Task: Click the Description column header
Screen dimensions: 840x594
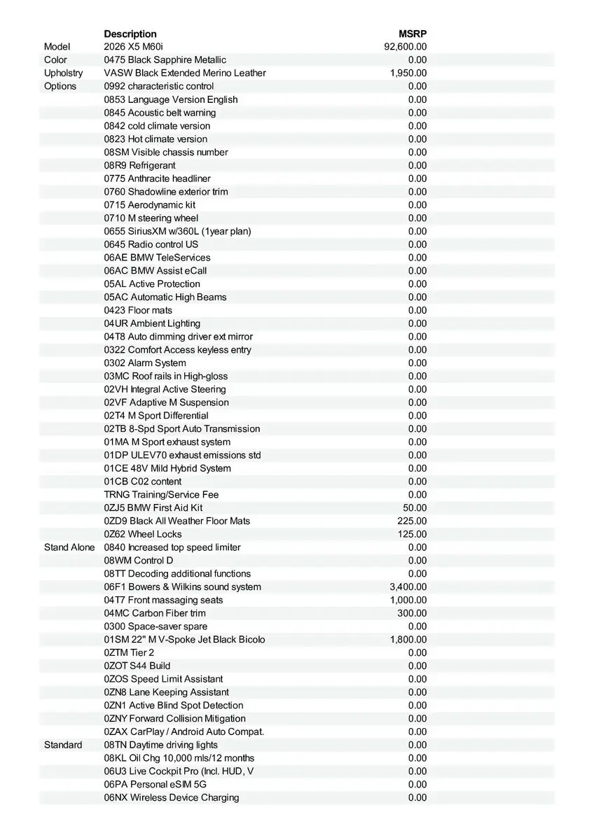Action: tap(130, 34)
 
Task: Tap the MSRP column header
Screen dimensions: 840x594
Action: tap(413, 34)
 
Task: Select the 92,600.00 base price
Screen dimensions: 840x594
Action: tap(406, 47)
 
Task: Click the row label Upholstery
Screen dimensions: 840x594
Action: tap(63, 73)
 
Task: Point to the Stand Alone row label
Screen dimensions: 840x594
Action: tap(69, 547)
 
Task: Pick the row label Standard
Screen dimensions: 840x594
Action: tap(63, 745)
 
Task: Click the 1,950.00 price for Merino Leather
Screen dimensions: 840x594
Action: tap(408, 73)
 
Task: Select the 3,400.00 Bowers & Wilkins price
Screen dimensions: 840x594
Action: tap(408, 587)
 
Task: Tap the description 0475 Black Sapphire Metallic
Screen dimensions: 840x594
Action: tap(165, 60)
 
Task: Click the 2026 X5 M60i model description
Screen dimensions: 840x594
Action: tap(133, 47)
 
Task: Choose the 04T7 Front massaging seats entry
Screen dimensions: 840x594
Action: tap(163, 600)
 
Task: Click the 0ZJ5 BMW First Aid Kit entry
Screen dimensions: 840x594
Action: tap(153, 507)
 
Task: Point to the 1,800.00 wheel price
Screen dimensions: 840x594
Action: tap(408, 639)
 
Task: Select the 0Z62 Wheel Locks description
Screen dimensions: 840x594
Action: tap(142, 534)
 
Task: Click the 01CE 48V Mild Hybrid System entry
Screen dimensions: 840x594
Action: tap(167, 468)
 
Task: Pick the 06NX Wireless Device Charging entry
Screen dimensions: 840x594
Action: tap(171, 797)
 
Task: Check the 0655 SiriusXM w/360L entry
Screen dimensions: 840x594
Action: tap(177, 231)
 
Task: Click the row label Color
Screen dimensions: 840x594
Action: tap(55, 60)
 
